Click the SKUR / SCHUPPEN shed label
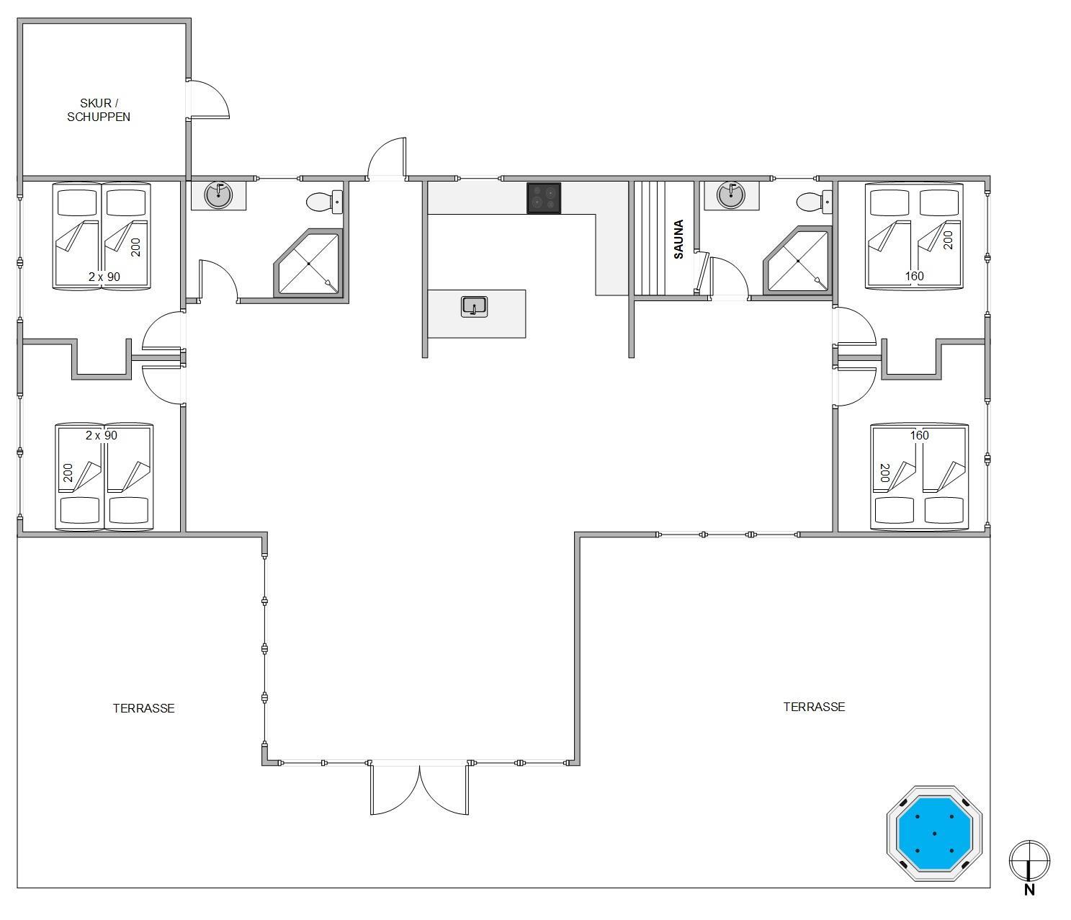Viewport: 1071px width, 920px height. pyautogui.click(x=99, y=110)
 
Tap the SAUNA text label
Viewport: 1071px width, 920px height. pyautogui.click(x=678, y=239)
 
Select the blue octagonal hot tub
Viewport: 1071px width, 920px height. pyautogui.click(x=934, y=834)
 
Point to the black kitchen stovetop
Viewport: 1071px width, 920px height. pyautogui.click(x=544, y=198)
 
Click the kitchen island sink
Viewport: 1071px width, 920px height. pyautogui.click(x=474, y=306)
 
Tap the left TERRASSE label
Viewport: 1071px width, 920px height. pyautogui.click(x=143, y=708)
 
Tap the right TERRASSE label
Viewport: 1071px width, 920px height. pyautogui.click(x=814, y=707)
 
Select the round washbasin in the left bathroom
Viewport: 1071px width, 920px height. pyautogui.click(x=219, y=195)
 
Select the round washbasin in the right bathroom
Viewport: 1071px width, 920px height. pyautogui.click(x=730, y=195)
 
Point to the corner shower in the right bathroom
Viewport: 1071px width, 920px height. pyautogui.click(x=799, y=261)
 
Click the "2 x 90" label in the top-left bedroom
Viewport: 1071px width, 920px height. pyautogui.click(x=104, y=277)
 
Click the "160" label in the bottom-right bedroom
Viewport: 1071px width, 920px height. pyautogui.click(x=919, y=435)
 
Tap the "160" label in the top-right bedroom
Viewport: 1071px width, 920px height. pyautogui.click(x=914, y=276)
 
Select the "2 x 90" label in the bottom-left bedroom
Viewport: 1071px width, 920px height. pyautogui.click(x=102, y=435)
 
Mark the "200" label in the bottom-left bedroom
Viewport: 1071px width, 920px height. pyautogui.click(x=68, y=472)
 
